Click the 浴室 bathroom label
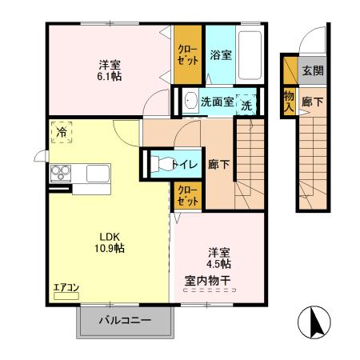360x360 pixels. pyautogui.click(x=221, y=56)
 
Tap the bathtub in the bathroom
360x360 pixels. pyautogui.click(x=251, y=54)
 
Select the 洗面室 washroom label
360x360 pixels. pyautogui.click(x=216, y=102)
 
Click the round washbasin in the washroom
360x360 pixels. pyautogui.click(x=190, y=101)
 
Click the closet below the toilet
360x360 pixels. pyautogui.click(x=188, y=194)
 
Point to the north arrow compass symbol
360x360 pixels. pyautogui.click(x=314, y=323)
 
